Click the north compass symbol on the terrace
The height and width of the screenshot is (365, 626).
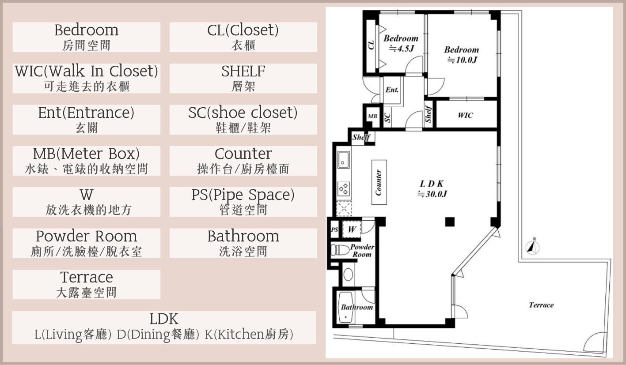(x=532, y=247)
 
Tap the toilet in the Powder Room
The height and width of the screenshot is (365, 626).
(x=340, y=250)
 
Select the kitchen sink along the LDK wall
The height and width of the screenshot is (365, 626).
(x=343, y=160)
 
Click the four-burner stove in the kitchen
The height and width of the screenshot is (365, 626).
(x=344, y=188)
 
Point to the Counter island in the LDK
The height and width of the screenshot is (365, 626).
(x=379, y=182)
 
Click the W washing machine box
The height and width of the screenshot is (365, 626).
(x=352, y=229)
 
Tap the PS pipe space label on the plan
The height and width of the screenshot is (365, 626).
(x=334, y=230)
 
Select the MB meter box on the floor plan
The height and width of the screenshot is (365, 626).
(x=372, y=116)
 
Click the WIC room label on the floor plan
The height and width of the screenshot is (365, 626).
(x=465, y=115)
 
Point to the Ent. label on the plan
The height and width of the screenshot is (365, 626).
(x=392, y=90)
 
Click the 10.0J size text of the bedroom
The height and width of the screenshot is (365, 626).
(x=462, y=60)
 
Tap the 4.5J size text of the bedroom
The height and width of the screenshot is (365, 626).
(x=401, y=49)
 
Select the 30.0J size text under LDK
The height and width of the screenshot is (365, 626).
(x=432, y=193)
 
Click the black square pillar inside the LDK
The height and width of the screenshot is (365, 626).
(x=450, y=222)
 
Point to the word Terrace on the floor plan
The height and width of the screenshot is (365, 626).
(x=541, y=305)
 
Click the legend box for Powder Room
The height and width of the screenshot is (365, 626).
(x=86, y=243)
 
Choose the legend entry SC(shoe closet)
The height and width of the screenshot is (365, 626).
(x=243, y=120)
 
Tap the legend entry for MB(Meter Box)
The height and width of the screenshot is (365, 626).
(x=86, y=161)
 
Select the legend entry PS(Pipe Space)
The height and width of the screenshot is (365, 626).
(x=243, y=202)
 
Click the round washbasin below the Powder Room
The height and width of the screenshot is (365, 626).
(x=348, y=275)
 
